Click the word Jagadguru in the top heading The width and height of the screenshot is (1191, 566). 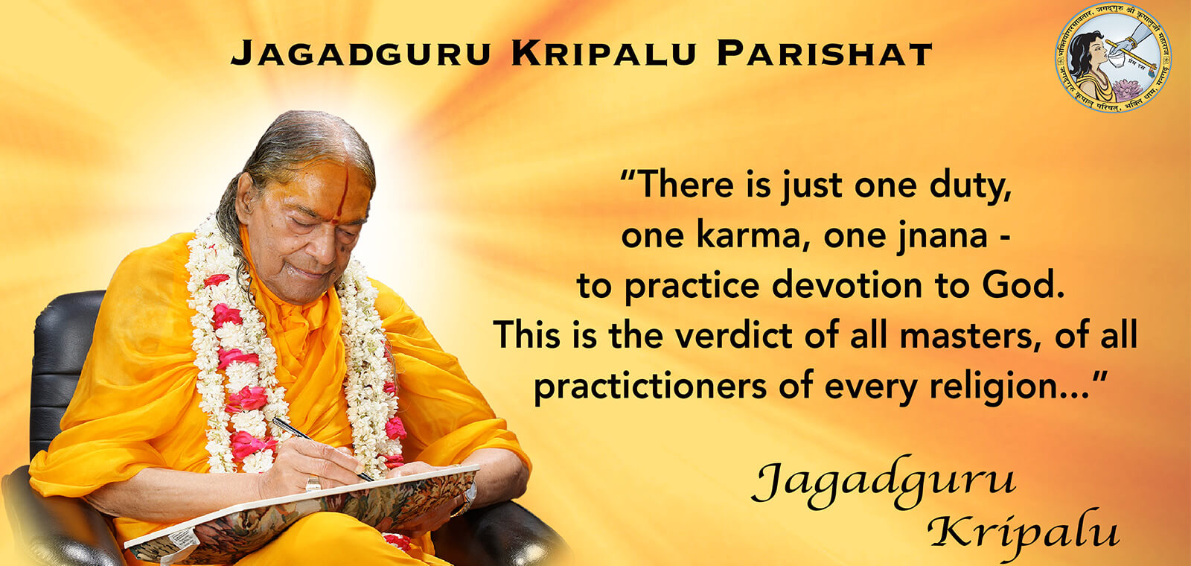point(360,54)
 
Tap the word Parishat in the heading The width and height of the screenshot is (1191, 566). point(825,54)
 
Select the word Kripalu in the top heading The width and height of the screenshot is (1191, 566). point(604,54)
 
